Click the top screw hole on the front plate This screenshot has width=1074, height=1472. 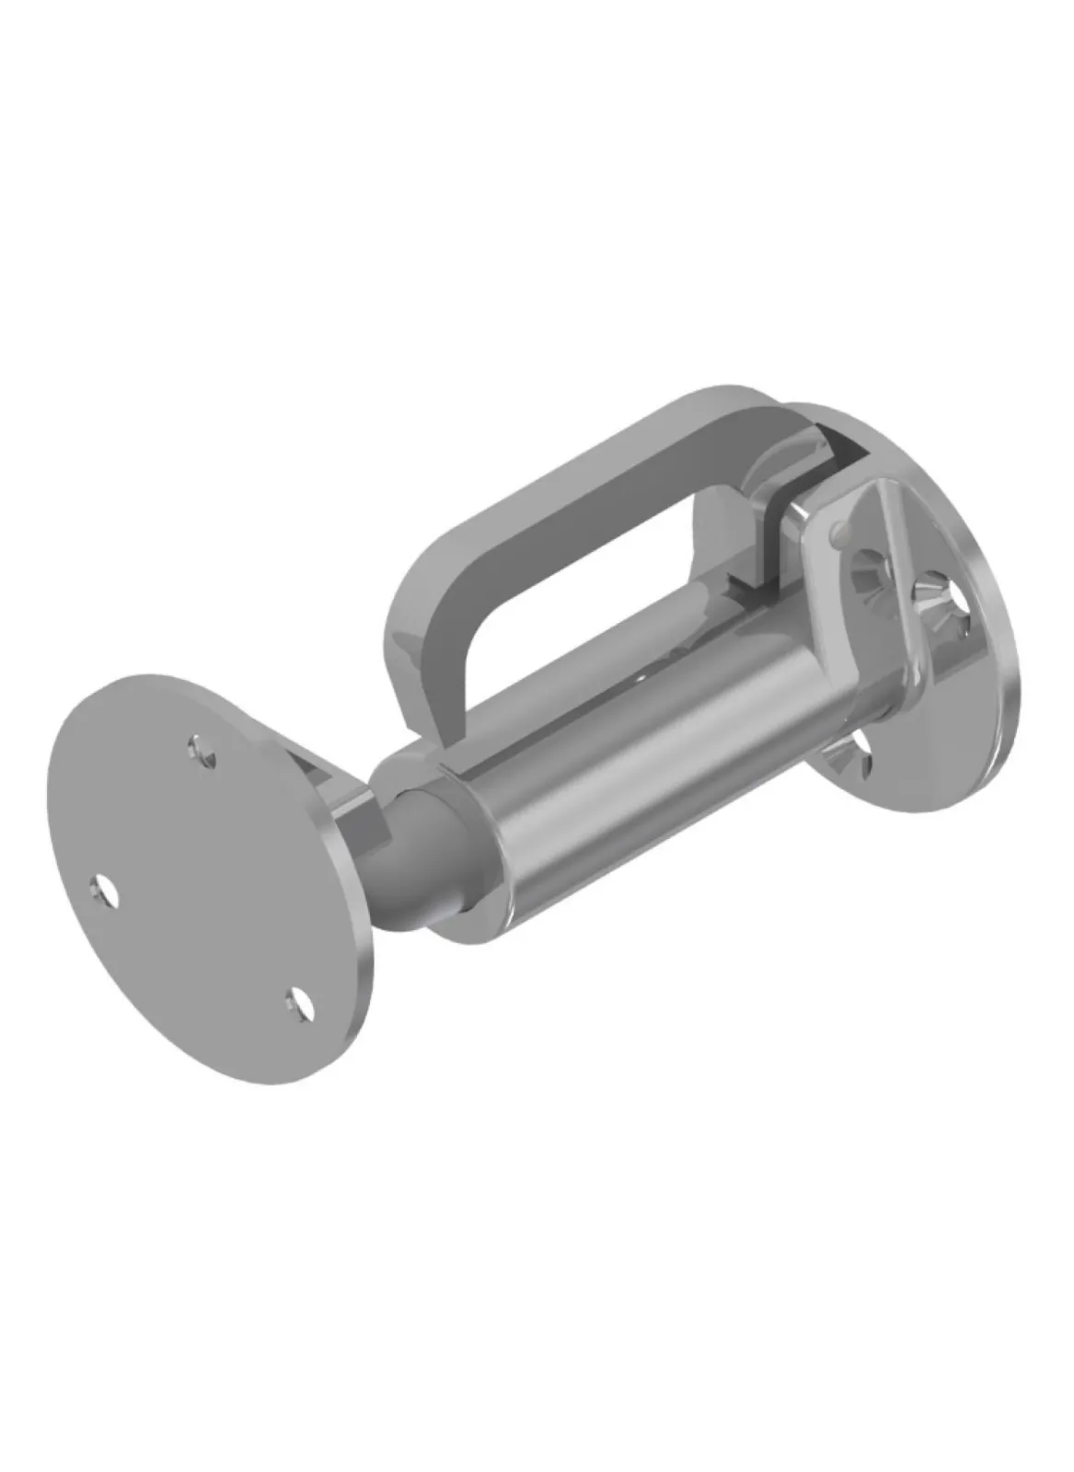click(x=203, y=749)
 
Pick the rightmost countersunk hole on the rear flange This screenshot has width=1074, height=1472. click(x=957, y=607)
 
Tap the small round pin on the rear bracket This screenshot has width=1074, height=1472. click(x=838, y=531)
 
